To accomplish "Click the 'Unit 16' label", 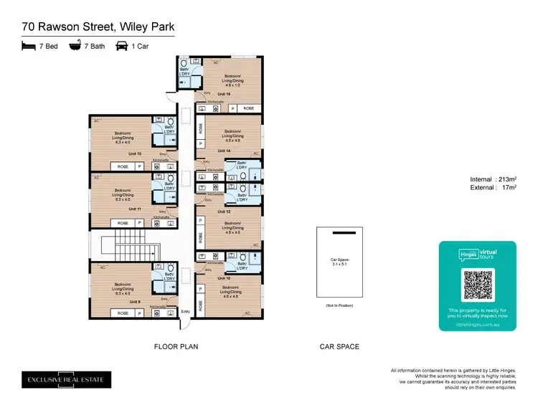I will (223, 94).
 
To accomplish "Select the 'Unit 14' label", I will (223, 151).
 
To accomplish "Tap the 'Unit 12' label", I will (223, 212).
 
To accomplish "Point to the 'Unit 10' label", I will (223, 277).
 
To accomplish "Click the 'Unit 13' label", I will (135, 153).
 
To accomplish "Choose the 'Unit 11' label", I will (135, 209).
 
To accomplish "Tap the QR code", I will (477, 285).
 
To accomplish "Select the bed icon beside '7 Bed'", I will (28, 45).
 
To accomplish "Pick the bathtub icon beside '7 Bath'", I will (75, 45).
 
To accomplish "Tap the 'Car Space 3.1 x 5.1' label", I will (339, 262).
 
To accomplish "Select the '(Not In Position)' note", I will (339, 305).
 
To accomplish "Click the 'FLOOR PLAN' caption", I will (176, 346).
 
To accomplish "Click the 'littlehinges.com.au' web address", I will (477, 323).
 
